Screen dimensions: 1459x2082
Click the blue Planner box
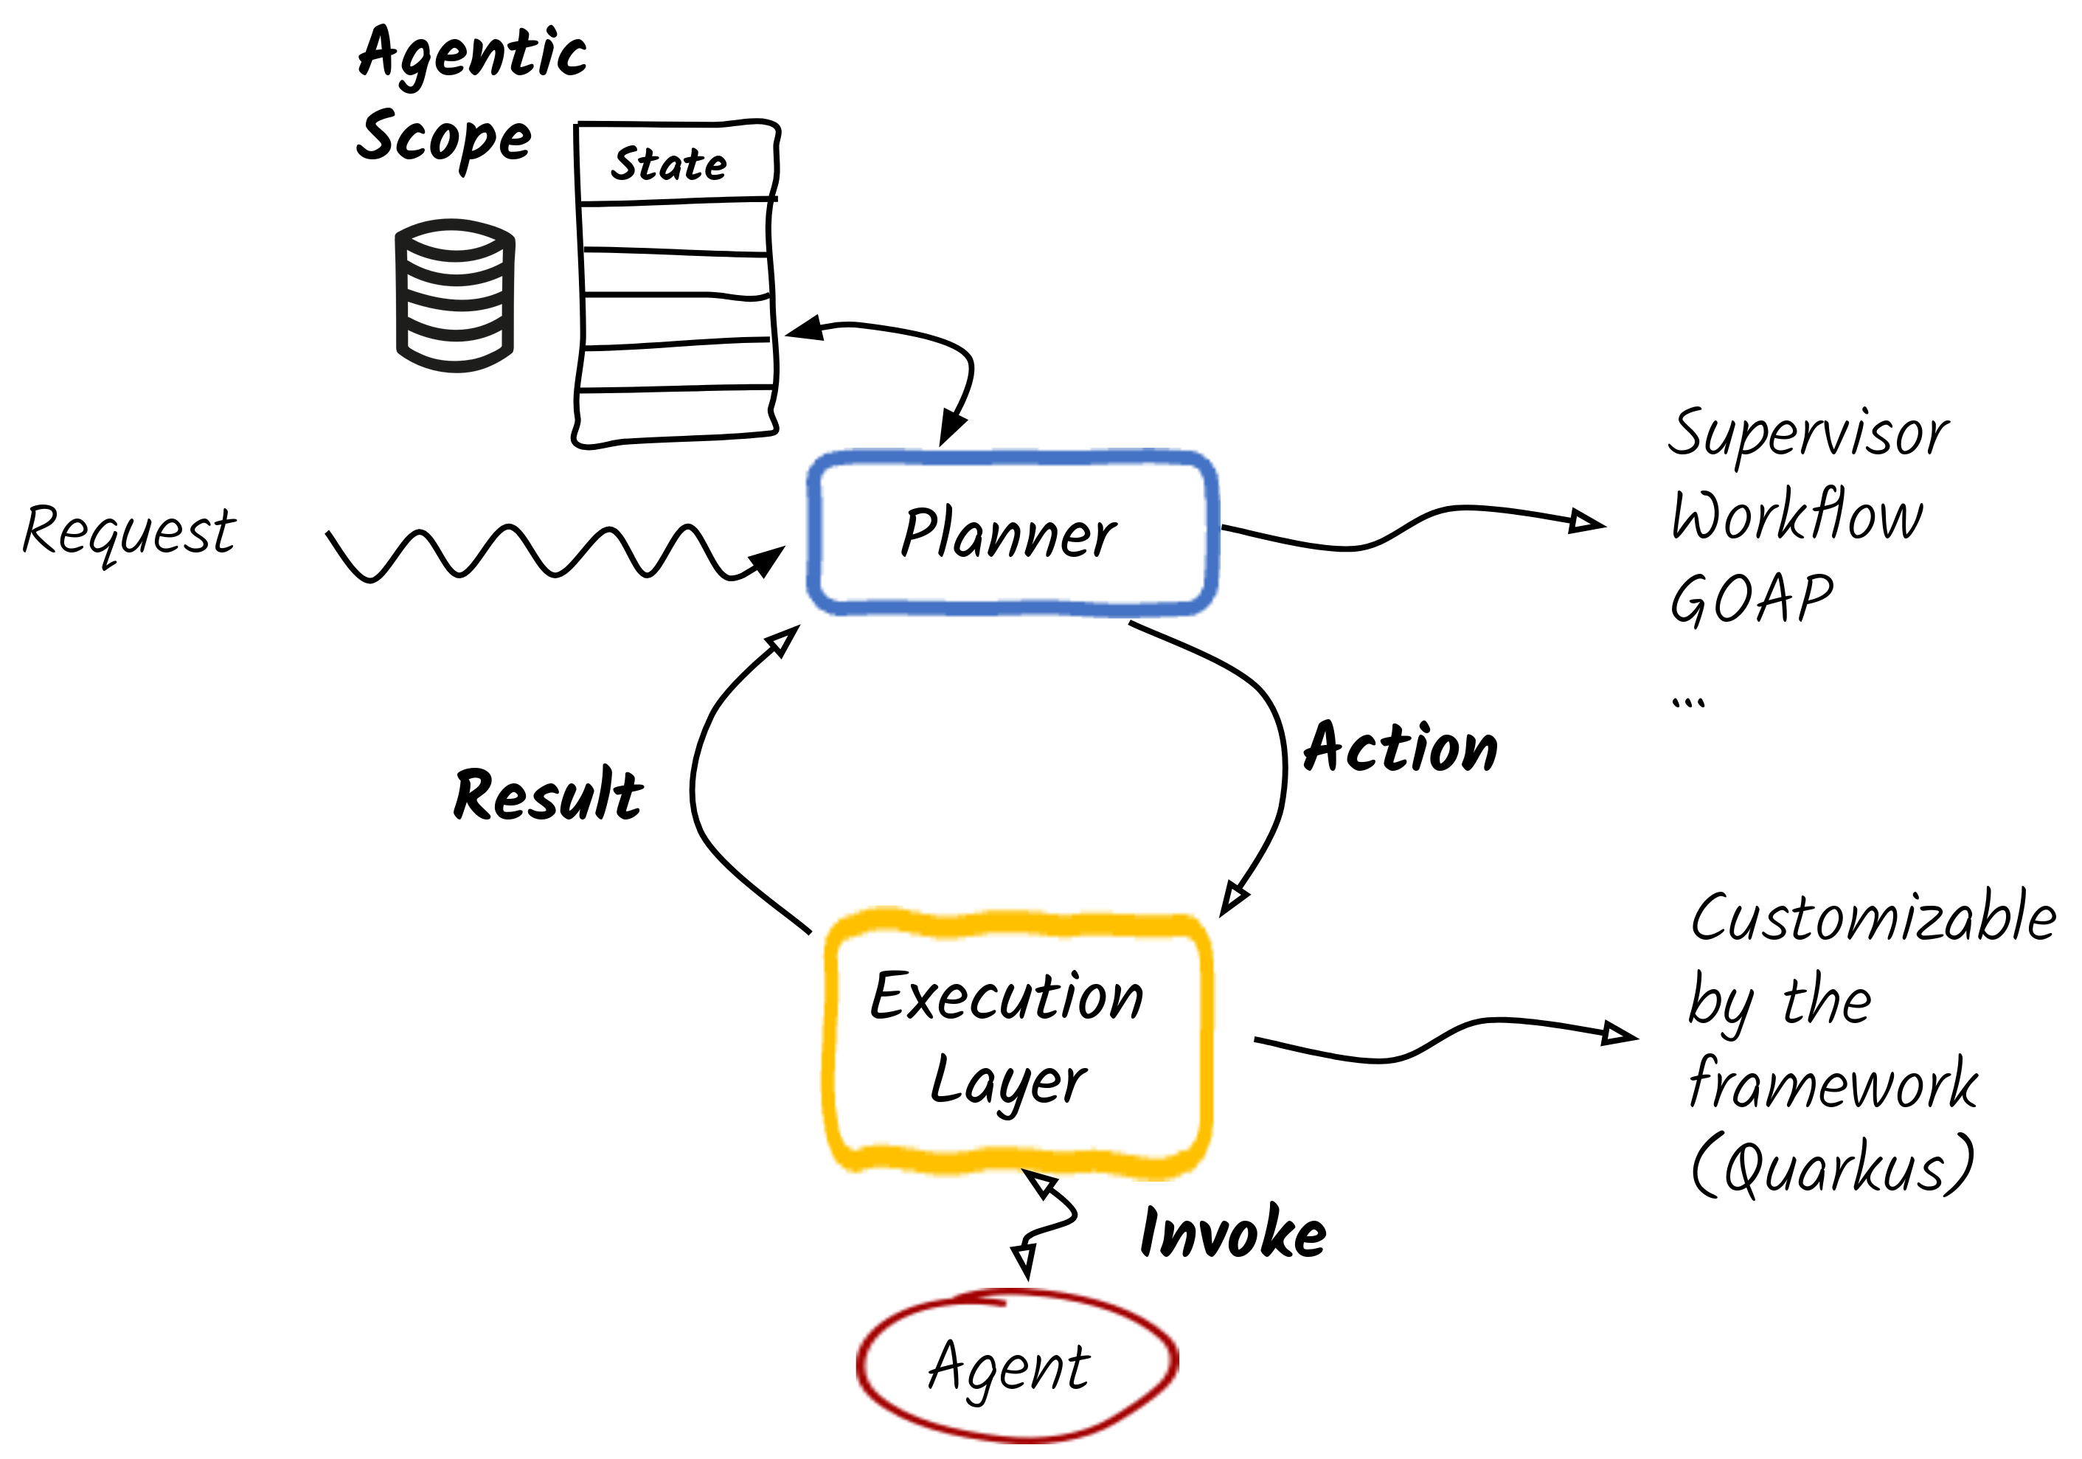coord(1011,533)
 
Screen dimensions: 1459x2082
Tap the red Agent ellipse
coord(1016,1365)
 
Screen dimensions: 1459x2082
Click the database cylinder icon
coord(455,296)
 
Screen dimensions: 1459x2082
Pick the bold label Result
coord(548,794)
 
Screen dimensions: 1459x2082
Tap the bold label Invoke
coord(1232,1233)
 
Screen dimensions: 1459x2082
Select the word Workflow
coord(1797,515)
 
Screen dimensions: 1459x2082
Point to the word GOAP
coord(1751,598)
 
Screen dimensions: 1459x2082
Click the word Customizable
coord(1873,918)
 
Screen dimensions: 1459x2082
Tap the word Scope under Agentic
coord(443,138)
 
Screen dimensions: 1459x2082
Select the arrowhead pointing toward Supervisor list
coord(1587,521)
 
